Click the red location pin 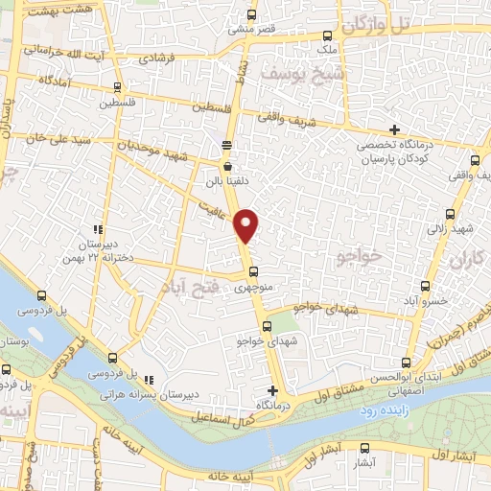[247, 225]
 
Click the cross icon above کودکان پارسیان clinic [394, 129]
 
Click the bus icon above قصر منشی [252, 15]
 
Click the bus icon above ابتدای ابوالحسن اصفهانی [407, 362]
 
